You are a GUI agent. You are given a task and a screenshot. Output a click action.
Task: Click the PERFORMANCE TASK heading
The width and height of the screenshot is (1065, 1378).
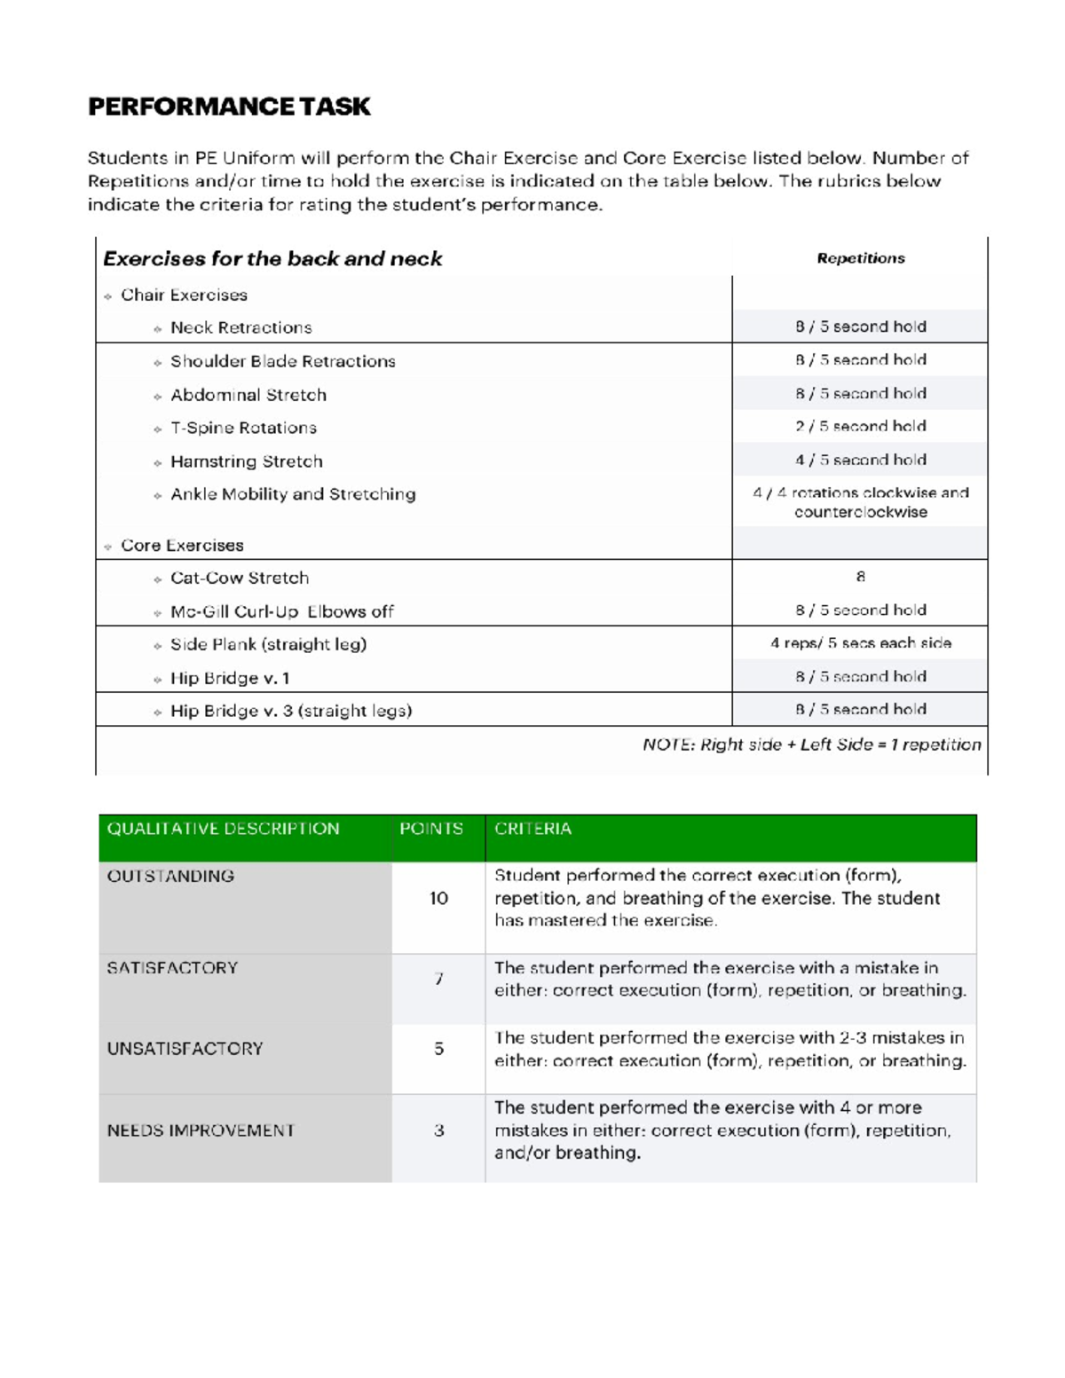point(229,106)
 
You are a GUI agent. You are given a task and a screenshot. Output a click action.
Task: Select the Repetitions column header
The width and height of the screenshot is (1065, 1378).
point(860,258)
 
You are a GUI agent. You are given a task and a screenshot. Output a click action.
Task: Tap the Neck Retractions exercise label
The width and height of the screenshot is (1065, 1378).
point(241,327)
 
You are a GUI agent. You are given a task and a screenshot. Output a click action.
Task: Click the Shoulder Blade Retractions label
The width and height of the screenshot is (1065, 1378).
point(282,361)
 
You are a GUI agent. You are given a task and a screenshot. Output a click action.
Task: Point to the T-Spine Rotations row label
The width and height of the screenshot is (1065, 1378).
point(243,428)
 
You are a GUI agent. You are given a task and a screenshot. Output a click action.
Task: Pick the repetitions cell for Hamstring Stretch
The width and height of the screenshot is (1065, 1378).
point(860,460)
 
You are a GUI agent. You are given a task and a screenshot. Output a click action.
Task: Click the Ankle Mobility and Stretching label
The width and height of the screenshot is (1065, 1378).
point(293,494)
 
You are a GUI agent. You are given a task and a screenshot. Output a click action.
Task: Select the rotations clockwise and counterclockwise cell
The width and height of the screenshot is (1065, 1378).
point(860,502)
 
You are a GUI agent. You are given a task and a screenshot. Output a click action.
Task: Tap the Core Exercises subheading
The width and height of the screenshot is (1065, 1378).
point(182,545)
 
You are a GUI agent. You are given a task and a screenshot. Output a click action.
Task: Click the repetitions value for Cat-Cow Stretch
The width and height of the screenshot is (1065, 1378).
point(860,577)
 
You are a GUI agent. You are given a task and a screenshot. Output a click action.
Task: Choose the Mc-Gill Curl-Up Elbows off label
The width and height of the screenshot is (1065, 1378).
point(281,611)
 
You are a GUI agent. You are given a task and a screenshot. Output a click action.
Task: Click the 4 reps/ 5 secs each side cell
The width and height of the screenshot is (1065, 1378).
point(860,643)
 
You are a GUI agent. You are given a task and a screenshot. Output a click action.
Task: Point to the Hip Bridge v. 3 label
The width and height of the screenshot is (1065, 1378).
point(290,711)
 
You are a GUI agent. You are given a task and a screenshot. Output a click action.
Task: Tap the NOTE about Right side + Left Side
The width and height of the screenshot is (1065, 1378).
point(811,744)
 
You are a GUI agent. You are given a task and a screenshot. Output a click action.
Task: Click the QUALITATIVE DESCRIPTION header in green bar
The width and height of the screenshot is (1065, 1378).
point(223,829)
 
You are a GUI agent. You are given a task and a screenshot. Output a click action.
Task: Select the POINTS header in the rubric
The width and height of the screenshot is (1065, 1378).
point(431,829)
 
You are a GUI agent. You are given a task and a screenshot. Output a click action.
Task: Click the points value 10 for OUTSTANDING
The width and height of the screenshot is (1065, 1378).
point(438,898)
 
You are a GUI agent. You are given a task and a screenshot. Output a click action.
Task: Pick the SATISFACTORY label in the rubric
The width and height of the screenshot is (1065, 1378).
point(172,968)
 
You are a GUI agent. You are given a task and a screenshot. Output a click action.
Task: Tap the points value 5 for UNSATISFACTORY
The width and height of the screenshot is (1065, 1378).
point(438,1049)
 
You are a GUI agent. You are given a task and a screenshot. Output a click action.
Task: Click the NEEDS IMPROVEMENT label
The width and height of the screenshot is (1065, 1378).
point(201,1130)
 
